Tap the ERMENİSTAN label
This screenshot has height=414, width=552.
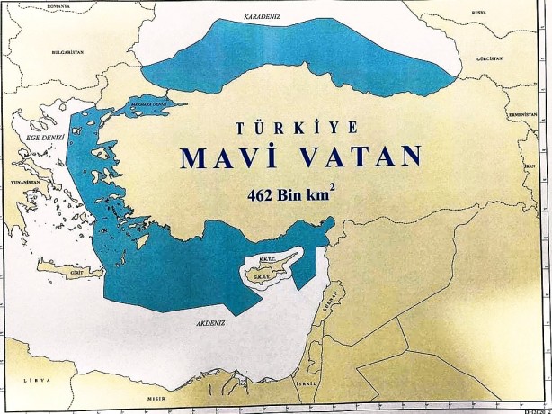[521, 115]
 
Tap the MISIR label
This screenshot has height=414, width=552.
[159, 396]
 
